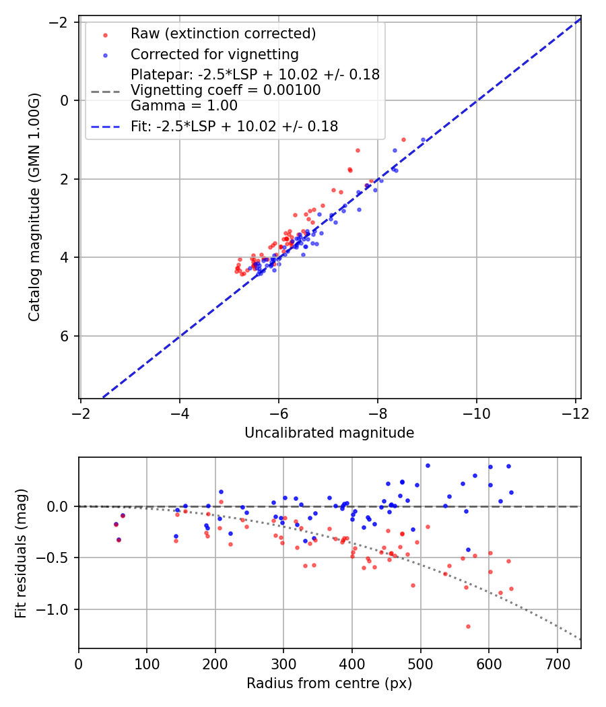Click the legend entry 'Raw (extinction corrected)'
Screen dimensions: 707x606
(x=223, y=34)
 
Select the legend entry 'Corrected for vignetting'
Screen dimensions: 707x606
(x=214, y=54)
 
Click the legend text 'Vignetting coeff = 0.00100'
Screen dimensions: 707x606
(x=226, y=90)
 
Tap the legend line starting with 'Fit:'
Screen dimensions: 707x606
(x=234, y=125)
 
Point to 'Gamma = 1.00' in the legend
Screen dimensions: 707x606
(x=184, y=105)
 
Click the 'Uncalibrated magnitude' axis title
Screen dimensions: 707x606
(x=329, y=433)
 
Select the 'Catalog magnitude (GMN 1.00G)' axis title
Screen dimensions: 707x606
(x=35, y=207)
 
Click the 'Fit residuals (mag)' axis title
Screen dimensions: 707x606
(x=21, y=553)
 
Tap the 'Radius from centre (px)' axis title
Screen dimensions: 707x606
(x=329, y=683)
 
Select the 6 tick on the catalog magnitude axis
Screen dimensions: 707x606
(x=66, y=336)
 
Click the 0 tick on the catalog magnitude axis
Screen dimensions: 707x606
(x=66, y=100)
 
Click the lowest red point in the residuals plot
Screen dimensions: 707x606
(x=468, y=626)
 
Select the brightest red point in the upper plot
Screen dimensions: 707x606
(x=403, y=139)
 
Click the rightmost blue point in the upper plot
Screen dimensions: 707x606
(x=424, y=140)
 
